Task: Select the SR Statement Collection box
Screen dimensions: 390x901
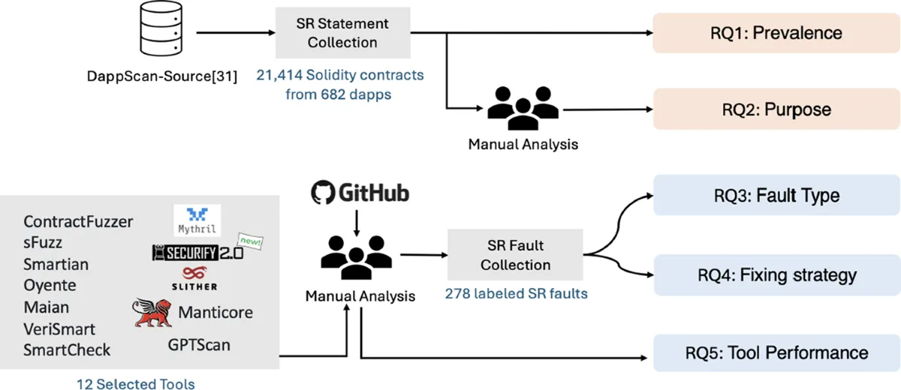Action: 342,33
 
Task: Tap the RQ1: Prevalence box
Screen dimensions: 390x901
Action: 776,33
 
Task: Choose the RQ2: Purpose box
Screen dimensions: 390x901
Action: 776,109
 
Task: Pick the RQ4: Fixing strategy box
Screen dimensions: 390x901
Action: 776,274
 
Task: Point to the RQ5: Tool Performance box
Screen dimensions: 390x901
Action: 776,352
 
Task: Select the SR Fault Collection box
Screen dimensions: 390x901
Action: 515,256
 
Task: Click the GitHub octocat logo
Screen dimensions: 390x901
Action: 322,194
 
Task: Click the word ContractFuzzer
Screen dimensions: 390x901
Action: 78,221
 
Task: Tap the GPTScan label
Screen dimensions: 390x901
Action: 199,345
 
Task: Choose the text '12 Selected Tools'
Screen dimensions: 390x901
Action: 135,384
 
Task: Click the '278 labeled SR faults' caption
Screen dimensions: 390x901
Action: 516,293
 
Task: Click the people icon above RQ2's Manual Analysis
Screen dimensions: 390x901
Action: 523,110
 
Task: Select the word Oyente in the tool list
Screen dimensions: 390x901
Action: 50,286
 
